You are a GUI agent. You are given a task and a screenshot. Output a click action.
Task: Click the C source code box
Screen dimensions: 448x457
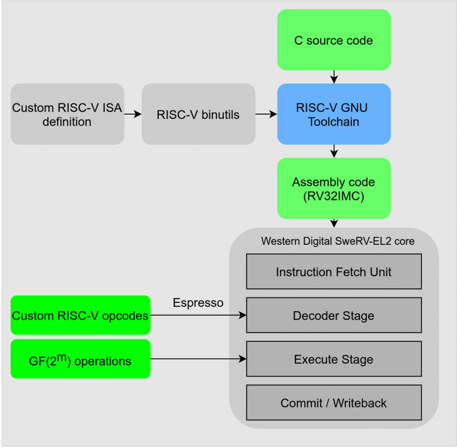click(x=334, y=40)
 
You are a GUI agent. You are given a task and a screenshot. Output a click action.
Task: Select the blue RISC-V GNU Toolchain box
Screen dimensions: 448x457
click(x=334, y=114)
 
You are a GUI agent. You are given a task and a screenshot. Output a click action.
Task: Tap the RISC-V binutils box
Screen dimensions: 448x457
click(x=198, y=114)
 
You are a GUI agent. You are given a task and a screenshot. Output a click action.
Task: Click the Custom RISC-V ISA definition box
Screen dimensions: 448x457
click(x=67, y=114)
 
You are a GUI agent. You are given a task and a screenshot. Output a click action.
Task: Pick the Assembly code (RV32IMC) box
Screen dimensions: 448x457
click(x=334, y=188)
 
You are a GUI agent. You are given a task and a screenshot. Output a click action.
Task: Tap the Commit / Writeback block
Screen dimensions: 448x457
click(x=334, y=402)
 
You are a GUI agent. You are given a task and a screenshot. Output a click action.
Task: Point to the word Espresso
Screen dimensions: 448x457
click(x=198, y=302)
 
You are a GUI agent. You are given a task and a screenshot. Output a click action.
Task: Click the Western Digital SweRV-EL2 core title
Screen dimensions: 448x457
click(x=338, y=241)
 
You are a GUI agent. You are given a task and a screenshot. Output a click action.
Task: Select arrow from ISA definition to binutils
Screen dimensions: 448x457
click(x=133, y=114)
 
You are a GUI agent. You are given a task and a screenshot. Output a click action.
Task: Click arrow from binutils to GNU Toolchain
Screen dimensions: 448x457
click(x=266, y=114)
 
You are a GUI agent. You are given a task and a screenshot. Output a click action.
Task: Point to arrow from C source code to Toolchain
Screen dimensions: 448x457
click(x=334, y=77)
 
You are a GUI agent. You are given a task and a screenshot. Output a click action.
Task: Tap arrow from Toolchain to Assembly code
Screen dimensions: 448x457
click(x=334, y=151)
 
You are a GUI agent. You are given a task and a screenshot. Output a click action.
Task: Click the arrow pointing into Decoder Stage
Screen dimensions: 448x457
click(x=198, y=315)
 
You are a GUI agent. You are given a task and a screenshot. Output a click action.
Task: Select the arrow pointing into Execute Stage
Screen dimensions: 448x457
click(x=198, y=359)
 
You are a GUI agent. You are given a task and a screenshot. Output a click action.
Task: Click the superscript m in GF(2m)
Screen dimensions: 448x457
click(x=62, y=356)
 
